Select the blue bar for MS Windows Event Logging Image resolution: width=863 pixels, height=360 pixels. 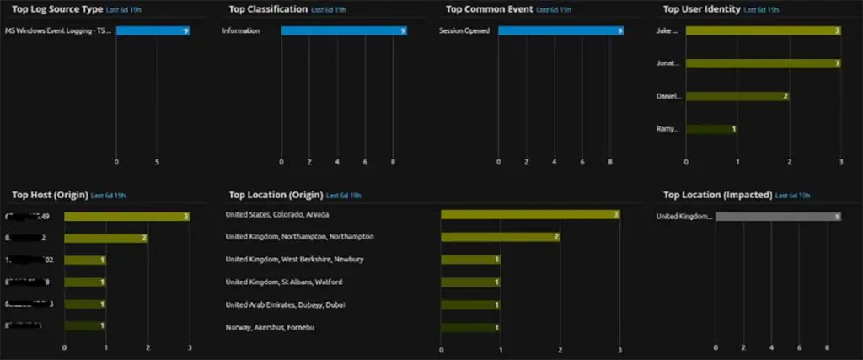click(153, 30)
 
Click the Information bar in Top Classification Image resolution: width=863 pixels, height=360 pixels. click(344, 30)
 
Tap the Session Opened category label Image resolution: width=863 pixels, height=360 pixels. click(464, 30)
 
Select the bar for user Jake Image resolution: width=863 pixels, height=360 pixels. click(763, 30)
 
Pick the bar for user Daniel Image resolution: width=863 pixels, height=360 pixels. click(737, 96)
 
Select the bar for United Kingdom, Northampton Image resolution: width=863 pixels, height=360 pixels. click(500, 237)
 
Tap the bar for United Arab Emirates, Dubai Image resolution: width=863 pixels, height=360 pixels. click(470, 304)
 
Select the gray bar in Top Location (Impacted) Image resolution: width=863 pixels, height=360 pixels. click(778, 217)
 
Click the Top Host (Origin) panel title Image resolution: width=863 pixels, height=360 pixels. click(45, 195)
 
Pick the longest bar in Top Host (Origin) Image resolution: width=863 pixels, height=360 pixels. click(126, 217)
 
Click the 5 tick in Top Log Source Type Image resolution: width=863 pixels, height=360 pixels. click(158, 161)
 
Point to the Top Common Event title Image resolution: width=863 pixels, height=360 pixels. click(489, 9)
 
